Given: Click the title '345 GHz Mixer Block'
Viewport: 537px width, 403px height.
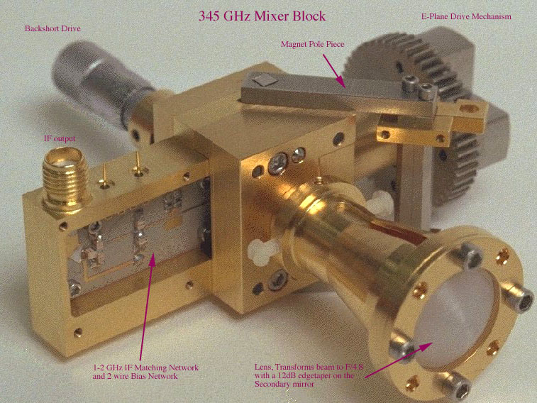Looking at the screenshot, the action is tap(262, 16).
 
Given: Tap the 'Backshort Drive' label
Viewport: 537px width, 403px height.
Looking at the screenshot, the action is tap(52, 28).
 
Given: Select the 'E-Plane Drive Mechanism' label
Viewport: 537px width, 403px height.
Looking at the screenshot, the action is tap(466, 16).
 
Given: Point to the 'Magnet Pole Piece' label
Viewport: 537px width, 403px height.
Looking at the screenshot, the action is tap(312, 44).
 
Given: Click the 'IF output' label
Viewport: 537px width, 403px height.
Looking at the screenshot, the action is tap(60, 138).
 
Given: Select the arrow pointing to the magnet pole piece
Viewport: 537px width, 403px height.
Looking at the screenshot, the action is tap(333, 70).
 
